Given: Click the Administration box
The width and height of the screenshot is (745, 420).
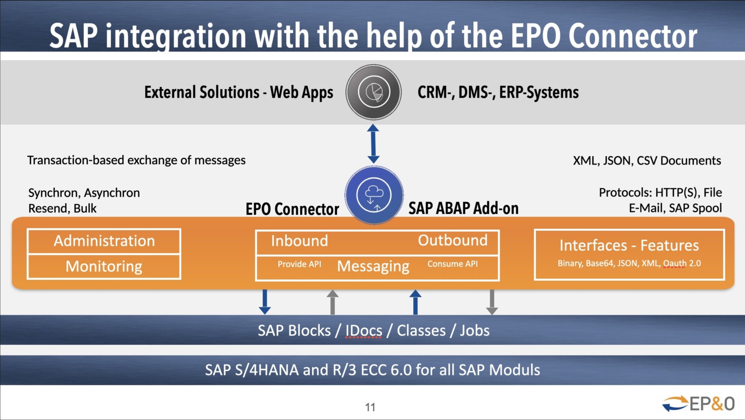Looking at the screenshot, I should [104, 241].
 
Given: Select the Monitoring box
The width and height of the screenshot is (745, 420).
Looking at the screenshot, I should [104, 267].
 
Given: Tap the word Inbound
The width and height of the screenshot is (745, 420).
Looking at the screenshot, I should [299, 241].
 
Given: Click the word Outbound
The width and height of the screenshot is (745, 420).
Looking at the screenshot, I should [453, 241].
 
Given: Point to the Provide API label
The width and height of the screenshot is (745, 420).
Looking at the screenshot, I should [299, 264].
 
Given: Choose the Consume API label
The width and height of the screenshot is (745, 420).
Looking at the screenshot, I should [453, 264].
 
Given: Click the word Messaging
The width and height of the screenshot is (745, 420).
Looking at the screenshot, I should [373, 266].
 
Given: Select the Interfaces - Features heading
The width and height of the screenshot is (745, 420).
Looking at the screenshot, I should [629, 245].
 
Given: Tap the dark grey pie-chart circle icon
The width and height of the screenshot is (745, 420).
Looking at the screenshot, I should [373, 92].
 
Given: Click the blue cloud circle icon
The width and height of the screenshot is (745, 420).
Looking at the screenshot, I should [373, 195].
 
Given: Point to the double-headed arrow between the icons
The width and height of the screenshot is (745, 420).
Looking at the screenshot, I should [373, 144].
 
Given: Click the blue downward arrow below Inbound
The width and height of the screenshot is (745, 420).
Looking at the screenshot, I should [265, 302].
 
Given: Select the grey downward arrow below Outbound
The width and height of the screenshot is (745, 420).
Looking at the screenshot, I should [492, 302].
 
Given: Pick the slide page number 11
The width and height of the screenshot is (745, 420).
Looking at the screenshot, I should [370, 407].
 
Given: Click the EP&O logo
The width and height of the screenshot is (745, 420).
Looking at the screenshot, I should [698, 404].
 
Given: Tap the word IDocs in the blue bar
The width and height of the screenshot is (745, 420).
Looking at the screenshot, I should [364, 331].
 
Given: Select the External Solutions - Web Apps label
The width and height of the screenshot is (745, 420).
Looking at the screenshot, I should [239, 92].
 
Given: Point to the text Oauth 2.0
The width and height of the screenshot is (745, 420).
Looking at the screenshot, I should [682, 263].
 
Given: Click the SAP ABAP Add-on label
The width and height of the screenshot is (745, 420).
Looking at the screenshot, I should [463, 209].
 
